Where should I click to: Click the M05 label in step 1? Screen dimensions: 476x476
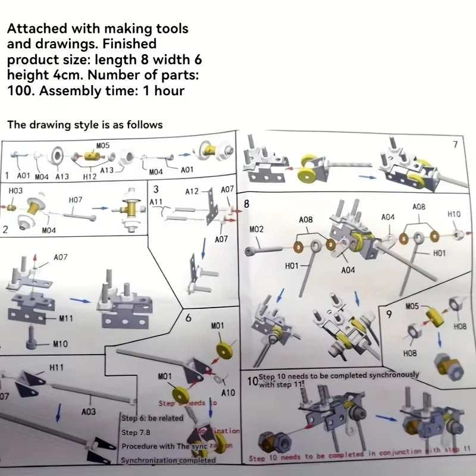coord(104,145)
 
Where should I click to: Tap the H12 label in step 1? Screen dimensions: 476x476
coord(90,176)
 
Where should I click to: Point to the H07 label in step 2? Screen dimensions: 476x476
coord(76,201)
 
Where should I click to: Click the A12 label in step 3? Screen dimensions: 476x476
coord(192,192)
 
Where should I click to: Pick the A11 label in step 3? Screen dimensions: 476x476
coord(156,202)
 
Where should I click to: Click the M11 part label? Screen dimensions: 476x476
coord(66,318)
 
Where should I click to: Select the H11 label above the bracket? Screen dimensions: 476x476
coord(57,368)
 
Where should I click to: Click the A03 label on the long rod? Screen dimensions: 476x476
coord(87,411)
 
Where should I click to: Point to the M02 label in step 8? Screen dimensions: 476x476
coord(256,228)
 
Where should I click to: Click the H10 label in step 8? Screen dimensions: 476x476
coord(454,214)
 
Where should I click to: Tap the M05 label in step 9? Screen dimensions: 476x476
coord(412,306)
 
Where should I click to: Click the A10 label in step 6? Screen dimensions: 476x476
coord(228,393)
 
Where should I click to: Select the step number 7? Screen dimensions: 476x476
coord(455,145)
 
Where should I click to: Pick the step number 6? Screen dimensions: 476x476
coord(188,318)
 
